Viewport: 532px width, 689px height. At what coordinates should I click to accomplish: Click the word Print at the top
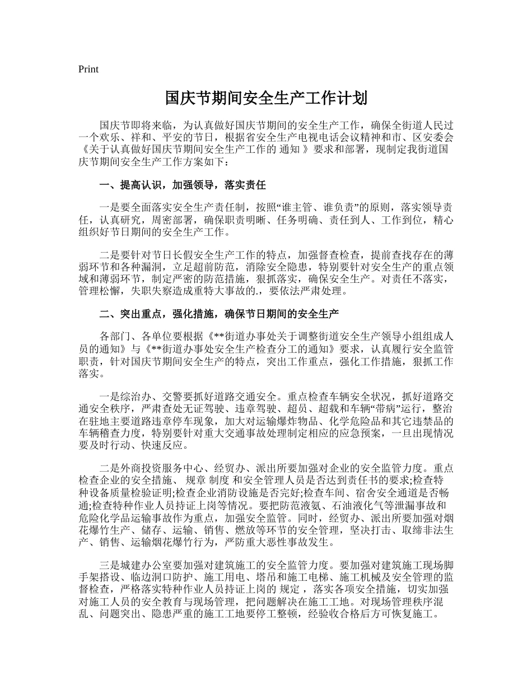click(88, 69)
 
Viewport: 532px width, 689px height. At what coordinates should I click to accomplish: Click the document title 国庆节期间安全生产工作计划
click(266, 99)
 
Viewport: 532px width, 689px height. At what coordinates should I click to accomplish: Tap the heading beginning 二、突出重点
click(218, 313)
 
